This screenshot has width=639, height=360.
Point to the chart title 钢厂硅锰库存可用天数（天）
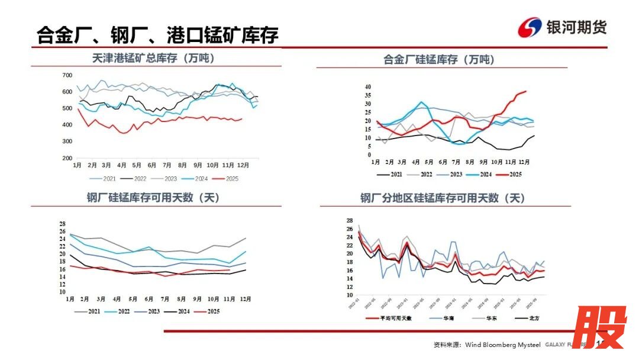tap(153, 198)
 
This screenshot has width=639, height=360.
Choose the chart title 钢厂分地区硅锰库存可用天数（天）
tap(443, 198)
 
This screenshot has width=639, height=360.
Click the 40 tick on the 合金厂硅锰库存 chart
tap(367, 87)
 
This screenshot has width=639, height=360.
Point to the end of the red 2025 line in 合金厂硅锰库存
tap(525, 92)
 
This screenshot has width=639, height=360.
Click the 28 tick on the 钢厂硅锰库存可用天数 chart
tap(63, 223)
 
